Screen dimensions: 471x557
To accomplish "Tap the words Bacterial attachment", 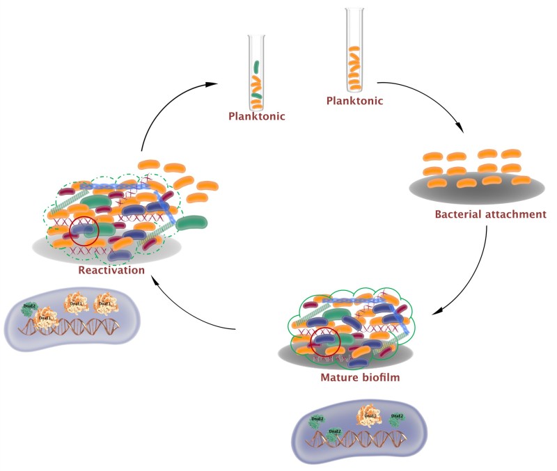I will coord(490,214).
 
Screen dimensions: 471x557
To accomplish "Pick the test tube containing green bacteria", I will coord(257,70).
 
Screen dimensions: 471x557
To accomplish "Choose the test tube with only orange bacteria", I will coord(354,49).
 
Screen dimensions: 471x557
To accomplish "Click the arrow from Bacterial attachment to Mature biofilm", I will coord(473,271).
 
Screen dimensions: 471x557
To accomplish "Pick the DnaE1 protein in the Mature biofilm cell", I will coord(368,417).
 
